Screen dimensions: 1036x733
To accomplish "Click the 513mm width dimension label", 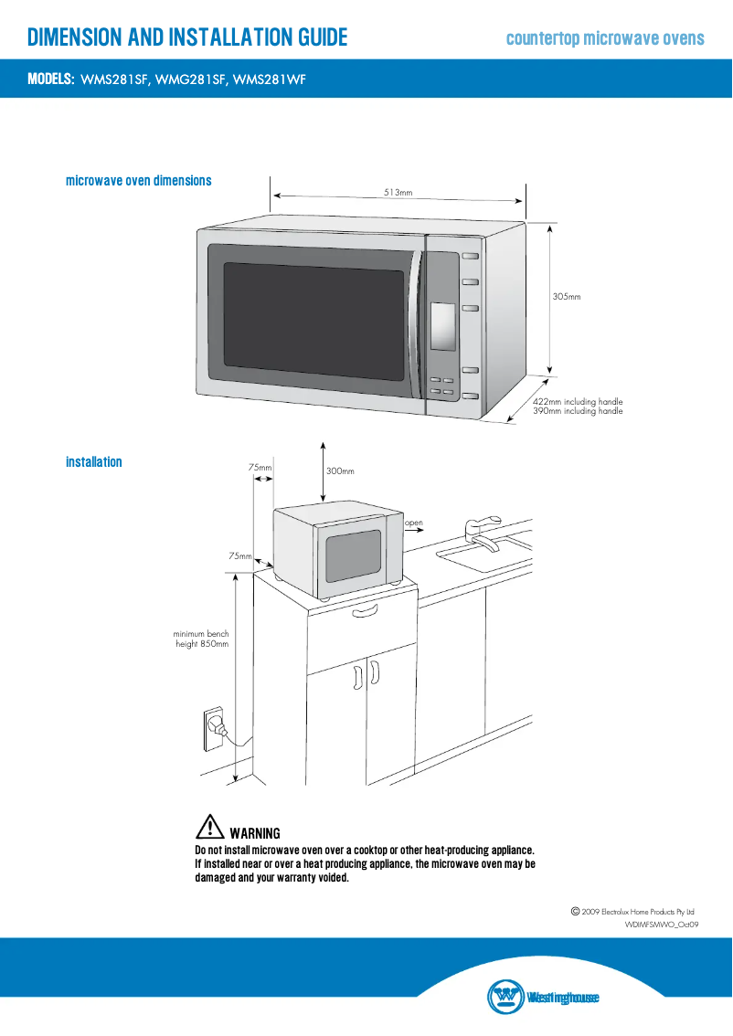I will tap(398, 193).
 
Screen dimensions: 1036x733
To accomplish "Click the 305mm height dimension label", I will tap(567, 297).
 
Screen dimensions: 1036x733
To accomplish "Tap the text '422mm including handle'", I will tap(578, 402).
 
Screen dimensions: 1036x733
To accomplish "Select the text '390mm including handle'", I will tap(578, 412).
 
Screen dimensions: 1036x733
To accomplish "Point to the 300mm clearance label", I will tap(340, 471).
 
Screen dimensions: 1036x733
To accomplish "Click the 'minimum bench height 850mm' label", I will tap(201, 639).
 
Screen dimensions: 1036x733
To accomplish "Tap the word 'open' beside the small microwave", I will tap(414, 523).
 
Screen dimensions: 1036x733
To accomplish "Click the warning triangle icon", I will tap(209, 827).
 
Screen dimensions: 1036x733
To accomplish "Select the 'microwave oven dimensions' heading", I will tap(138, 181).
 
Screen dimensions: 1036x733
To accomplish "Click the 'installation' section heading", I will tap(93, 462).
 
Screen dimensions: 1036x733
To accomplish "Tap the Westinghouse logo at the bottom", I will tap(543, 997).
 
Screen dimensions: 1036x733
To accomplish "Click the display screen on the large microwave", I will tap(443, 327).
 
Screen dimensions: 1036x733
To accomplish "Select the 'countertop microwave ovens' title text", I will tap(605, 38).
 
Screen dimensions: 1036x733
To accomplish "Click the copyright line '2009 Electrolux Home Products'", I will tap(632, 912).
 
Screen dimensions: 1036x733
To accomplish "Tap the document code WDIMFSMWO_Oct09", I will tap(662, 925).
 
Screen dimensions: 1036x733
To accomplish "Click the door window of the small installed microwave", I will tap(353, 556).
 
